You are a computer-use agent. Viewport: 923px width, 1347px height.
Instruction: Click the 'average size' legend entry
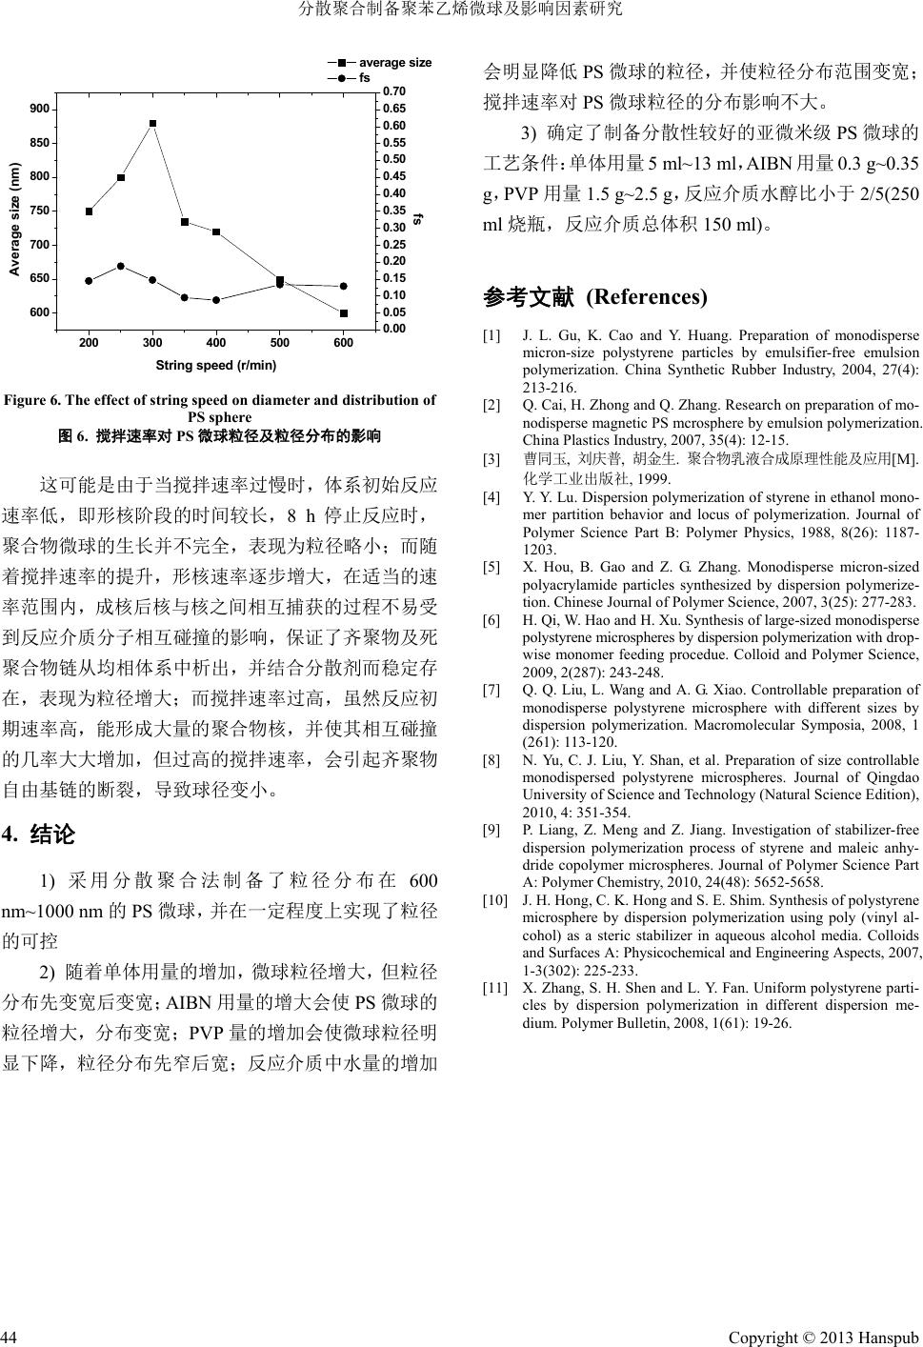click(x=394, y=63)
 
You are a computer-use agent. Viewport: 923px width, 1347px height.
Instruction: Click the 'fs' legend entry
click(x=365, y=78)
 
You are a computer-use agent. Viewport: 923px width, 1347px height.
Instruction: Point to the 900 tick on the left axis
click(x=39, y=110)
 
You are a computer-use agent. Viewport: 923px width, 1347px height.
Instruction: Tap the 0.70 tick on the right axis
click(x=393, y=91)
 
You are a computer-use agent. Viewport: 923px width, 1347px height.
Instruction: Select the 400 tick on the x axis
click(x=216, y=343)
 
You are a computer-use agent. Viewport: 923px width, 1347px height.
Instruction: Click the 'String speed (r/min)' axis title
click(x=216, y=365)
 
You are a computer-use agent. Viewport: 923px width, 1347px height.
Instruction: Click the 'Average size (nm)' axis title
click(x=14, y=219)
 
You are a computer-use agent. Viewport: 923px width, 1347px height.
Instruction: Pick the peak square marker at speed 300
click(x=152, y=124)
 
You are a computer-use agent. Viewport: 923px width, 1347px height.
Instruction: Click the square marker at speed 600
click(x=344, y=312)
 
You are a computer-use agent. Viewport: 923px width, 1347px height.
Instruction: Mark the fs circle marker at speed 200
click(x=89, y=281)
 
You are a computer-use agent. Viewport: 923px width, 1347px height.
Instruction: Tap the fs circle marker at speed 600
click(x=344, y=286)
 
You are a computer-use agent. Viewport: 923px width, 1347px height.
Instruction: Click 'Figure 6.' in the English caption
click(x=31, y=401)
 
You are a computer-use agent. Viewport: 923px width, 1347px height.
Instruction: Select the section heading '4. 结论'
click(x=39, y=835)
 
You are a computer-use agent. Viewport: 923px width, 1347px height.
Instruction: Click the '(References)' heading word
click(x=647, y=297)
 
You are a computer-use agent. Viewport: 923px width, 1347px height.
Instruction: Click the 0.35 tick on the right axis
click(x=393, y=211)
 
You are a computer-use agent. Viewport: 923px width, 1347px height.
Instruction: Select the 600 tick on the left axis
click(x=39, y=312)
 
